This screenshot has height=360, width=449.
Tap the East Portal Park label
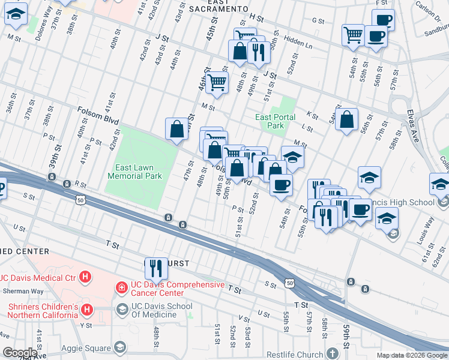pyautogui.click(x=275, y=122)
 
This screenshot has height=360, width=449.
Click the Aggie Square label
pyautogui.click(x=86, y=348)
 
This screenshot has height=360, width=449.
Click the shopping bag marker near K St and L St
pyautogui.click(x=347, y=119)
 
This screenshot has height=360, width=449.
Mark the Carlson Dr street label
pyautogui.click(x=427, y=11)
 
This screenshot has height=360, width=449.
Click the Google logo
pyautogui.click(x=20, y=353)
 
